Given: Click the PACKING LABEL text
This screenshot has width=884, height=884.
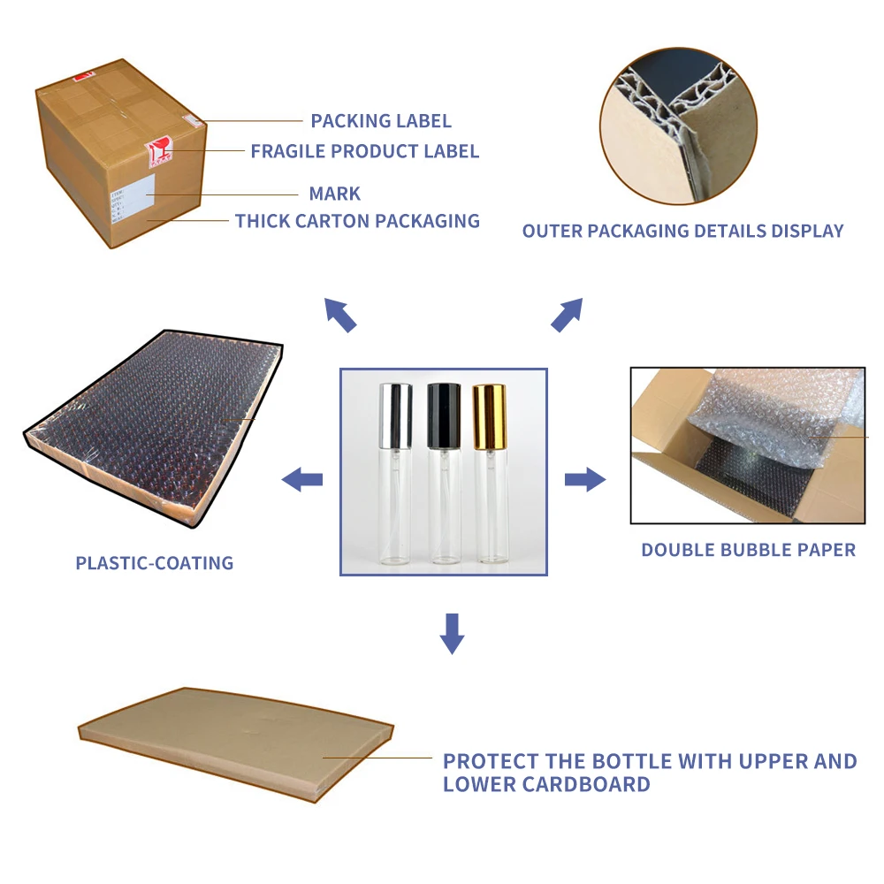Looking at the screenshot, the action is point(380,121).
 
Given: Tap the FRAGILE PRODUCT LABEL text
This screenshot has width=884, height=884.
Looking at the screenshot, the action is point(364,151).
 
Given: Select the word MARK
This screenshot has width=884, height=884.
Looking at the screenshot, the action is point(334,194).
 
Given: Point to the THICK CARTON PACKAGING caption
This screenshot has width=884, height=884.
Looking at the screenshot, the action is point(357,221).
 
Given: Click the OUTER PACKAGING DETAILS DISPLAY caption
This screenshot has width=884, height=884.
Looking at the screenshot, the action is point(682,232).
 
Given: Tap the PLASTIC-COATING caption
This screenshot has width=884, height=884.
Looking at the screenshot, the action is point(155,563).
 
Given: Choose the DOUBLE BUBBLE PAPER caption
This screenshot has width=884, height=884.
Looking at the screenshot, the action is point(748,550).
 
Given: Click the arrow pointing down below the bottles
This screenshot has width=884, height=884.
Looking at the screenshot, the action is point(452,633).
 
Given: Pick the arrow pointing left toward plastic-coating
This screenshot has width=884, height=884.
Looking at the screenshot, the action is point(301,480).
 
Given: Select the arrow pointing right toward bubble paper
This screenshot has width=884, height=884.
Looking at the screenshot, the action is point(585,480).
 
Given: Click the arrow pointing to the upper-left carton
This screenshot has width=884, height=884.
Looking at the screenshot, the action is point(340,314).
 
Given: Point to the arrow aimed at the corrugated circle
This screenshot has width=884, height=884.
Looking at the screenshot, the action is point(567,314).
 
